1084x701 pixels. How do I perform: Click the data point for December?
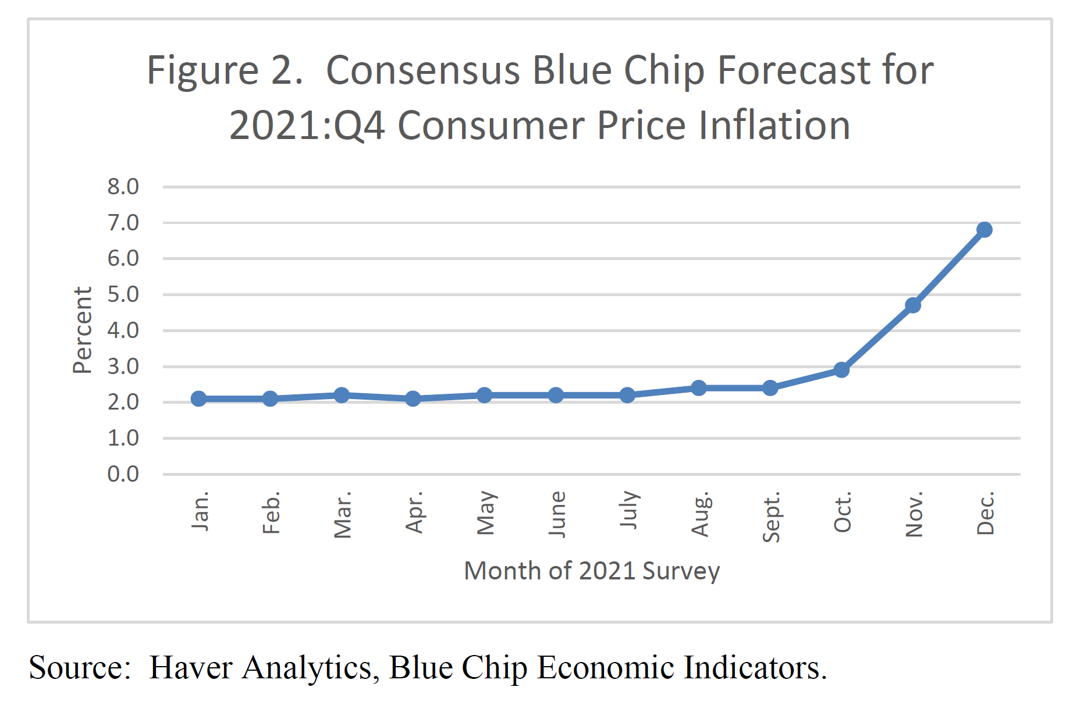pos(984,230)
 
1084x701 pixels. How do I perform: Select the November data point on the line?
pos(912,305)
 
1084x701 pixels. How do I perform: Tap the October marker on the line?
pos(841,369)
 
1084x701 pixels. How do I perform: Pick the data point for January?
pos(198,398)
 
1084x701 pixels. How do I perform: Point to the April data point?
pos(413,398)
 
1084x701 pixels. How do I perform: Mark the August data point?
pos(698,388)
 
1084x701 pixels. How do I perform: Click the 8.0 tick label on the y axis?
pos(123,187)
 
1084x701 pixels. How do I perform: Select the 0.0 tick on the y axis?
pos(123,474)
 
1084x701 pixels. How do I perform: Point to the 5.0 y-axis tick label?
pos(123,294)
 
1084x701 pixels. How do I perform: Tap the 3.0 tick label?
pos(123,366)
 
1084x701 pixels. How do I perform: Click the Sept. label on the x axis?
pos(770,517)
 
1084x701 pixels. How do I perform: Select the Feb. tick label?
pos(271,512)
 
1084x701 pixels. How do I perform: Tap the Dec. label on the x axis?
pos(985,513)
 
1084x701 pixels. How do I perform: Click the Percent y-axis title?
pos(82,330)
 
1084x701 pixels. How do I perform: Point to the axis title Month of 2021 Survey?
pos(591,571)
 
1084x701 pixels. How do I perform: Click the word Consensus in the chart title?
pos(422,70)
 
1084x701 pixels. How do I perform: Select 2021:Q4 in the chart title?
pos(307,126)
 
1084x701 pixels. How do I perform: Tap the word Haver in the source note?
pos(190,667)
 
